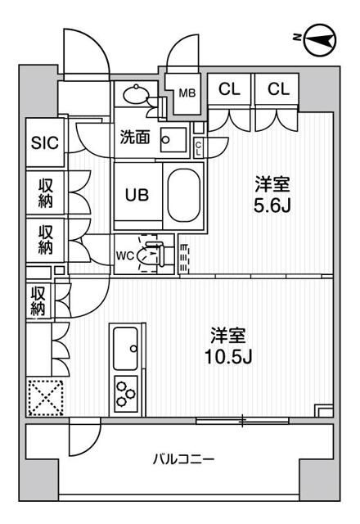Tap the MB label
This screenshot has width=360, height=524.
click(x=187, y=92)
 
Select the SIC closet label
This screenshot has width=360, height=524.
click(x=45, y=142)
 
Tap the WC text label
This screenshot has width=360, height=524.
click(x=125, y=255)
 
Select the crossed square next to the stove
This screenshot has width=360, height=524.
click(x=46, y=400)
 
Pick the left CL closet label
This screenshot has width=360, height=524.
click(x=229, y=89)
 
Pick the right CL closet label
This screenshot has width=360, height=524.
click(x=278, y=89)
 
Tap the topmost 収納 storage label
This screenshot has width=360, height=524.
click(x=46, y=193)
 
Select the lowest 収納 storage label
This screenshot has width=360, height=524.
click(x=38, y=300)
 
